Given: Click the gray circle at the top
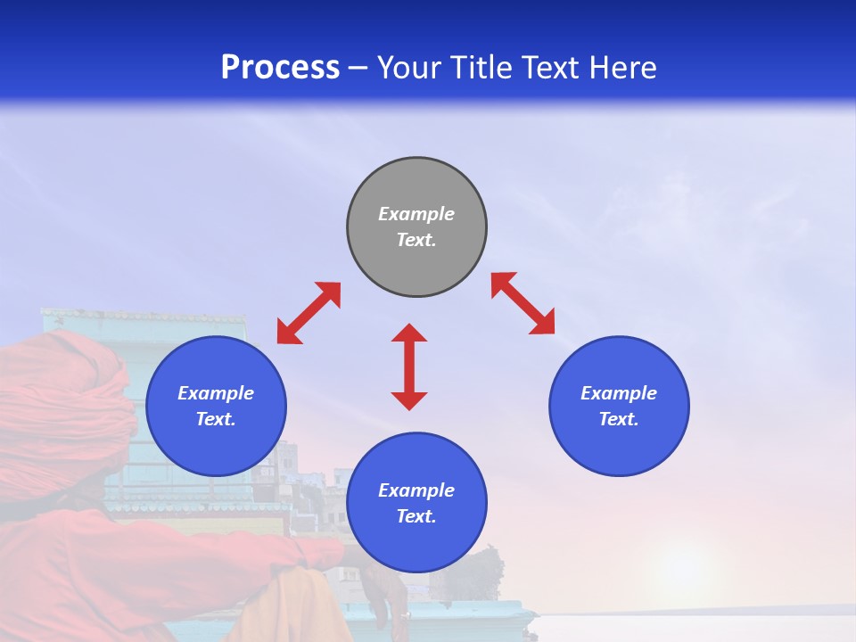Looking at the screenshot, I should (x=416, y=227).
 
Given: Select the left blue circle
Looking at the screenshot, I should (x=216, y=406).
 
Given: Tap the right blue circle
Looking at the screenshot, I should (x=619, y=406).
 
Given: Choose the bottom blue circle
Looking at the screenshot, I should (x=416, y=503).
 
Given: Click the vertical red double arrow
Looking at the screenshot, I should (x=409, y=366).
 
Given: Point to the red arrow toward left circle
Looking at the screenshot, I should (x=309, y=313).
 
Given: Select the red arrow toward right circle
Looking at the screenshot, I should (x=523, y=303).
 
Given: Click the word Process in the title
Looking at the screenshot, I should (x=280, y=67).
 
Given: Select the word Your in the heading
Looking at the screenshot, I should (x=408, y=67).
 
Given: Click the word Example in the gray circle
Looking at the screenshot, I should (x=416, y=214).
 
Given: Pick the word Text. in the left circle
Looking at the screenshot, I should (x=216, y=419).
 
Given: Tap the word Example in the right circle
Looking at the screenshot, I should (x=619, y=393).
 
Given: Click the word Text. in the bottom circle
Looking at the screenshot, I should (x=416, y=516).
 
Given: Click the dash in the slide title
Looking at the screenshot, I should (x=358, y=68).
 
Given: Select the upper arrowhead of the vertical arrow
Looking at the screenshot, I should (x=409, y=333).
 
